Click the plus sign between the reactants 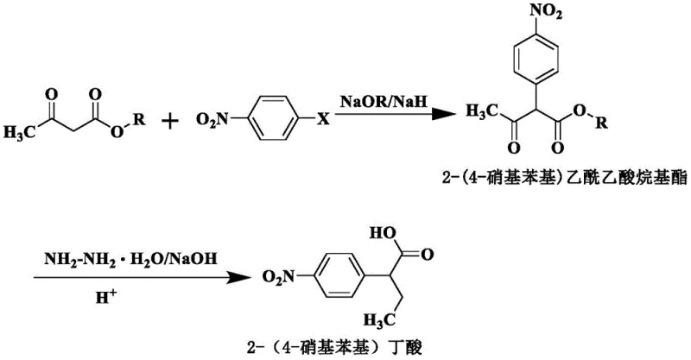(171, 120)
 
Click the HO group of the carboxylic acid (383, 233)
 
